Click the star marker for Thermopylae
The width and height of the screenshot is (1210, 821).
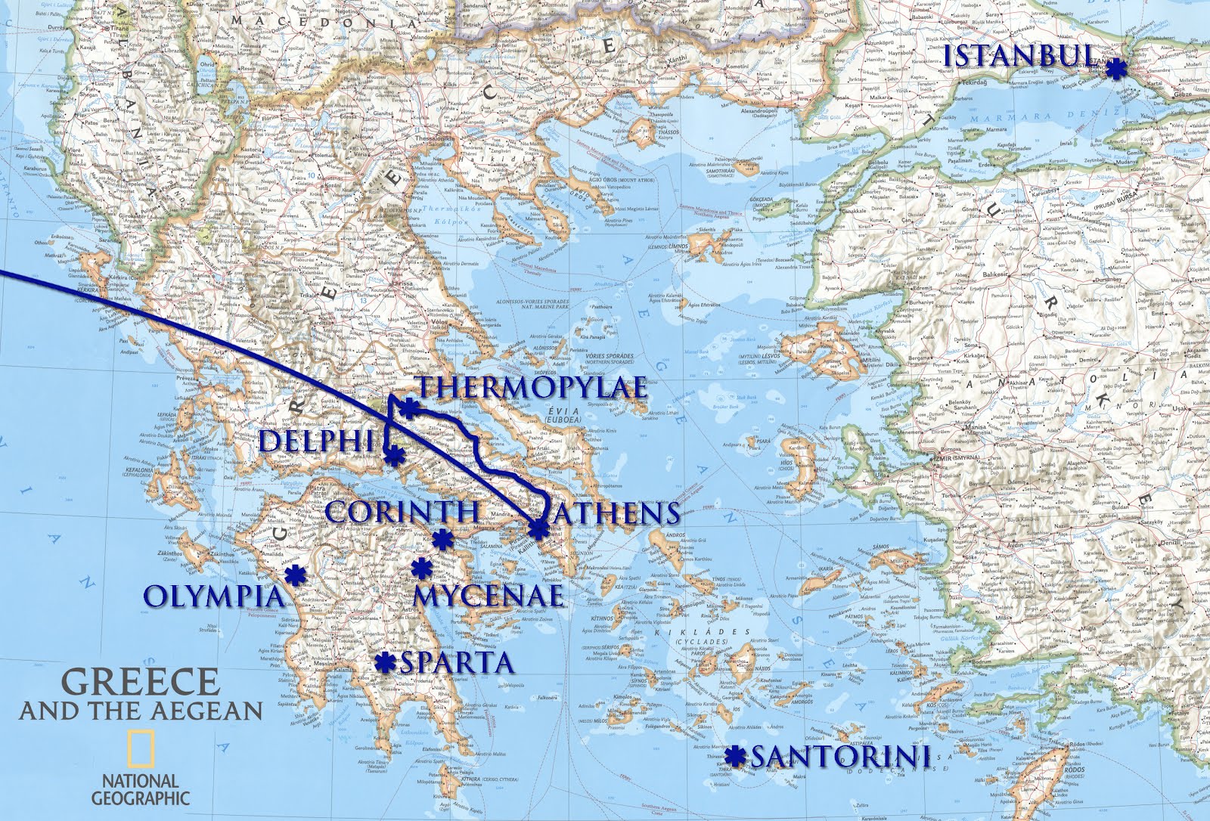[x=408, y=409]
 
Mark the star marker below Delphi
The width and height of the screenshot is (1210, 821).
[x=394, y=456]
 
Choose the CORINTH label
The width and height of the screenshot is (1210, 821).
[x=403, y=513]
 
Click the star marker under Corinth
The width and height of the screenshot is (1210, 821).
[x=442, y=539]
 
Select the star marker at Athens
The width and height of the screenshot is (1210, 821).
[x=537, y=530]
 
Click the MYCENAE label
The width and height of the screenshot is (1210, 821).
[x=489, y=595]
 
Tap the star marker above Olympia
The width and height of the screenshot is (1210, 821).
[x=294, y=576]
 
